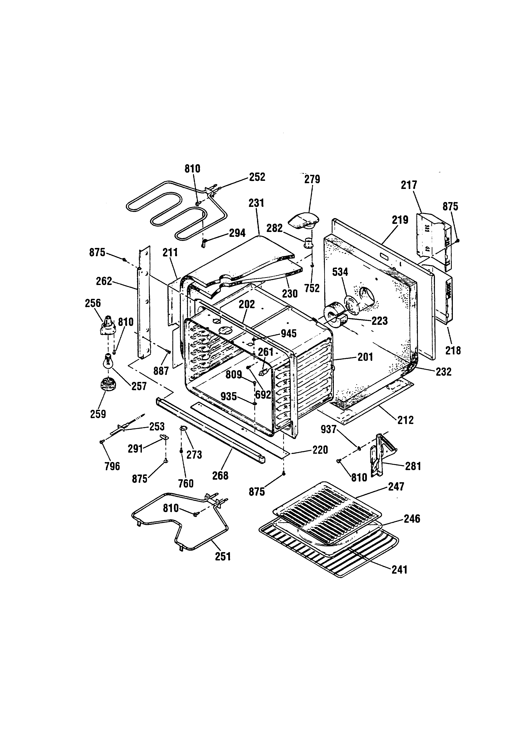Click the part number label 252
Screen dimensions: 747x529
click(x=257, y=177)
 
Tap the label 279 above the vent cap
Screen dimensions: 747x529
click(x=312, y=179)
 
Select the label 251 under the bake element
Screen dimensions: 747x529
click(x=223, y=556)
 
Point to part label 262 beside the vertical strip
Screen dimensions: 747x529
click(x=104, y=281)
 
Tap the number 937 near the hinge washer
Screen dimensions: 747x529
click(x=328, y=429)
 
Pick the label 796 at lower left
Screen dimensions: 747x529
click(x=112, y=466)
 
